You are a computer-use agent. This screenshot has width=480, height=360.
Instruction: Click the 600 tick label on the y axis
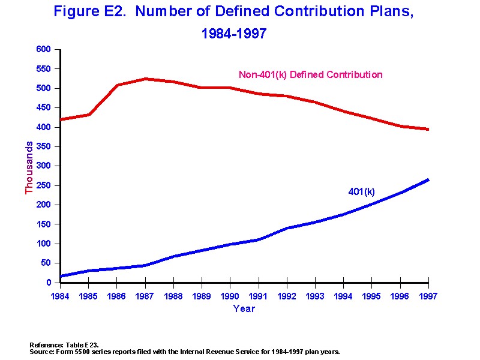[44, 50]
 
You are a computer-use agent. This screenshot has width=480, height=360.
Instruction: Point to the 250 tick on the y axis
[44, 185]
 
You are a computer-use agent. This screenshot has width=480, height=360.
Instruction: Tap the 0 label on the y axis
[49, 283]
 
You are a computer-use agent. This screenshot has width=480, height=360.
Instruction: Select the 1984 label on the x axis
[60, 295]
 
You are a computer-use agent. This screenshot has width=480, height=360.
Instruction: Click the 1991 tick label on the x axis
[258, 295]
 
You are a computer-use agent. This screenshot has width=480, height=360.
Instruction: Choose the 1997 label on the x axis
[428, 295]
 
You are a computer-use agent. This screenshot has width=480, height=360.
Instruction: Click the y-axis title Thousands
[29, 167]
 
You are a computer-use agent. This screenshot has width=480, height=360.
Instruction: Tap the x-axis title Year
[244, 309]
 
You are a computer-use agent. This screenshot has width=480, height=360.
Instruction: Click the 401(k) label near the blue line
[361, 192]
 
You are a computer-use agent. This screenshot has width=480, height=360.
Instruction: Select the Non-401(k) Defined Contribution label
[310, 75]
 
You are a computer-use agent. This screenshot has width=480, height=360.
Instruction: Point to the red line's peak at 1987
[145, 79]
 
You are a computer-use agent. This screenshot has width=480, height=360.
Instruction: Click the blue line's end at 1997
[428, 179]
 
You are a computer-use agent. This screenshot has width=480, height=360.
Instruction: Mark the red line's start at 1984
[60, 119]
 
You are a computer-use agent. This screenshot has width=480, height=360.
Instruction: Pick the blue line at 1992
[287, 228]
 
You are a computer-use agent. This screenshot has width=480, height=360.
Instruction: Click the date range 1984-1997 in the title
[234, 34]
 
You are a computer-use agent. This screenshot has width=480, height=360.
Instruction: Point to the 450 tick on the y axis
[44, 108]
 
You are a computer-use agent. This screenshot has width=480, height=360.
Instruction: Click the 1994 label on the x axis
[343, 295]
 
